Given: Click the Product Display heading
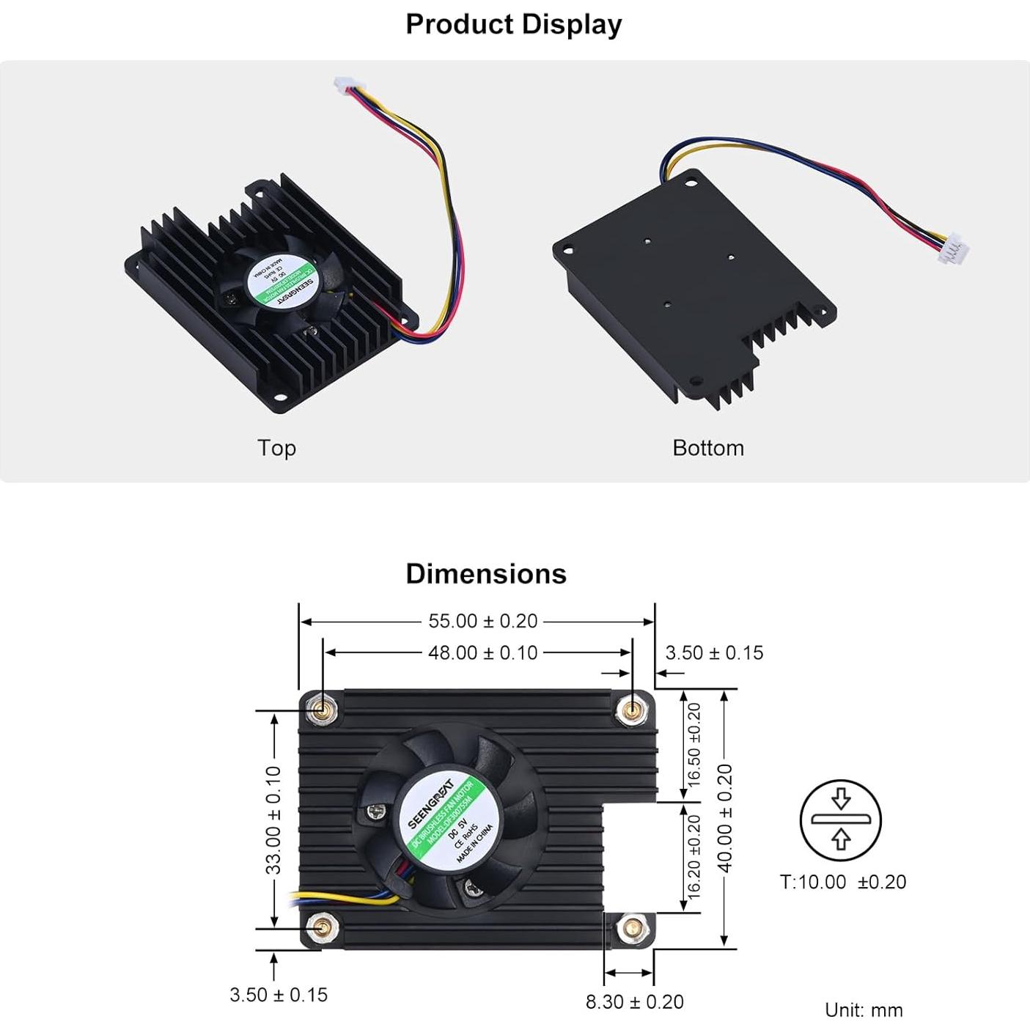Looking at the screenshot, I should pyautogui.click(x=513, y=24).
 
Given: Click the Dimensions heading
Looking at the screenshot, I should pyautogui.click(x=486, y=573).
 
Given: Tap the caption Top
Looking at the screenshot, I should pyautogui.click(x=276, y=448).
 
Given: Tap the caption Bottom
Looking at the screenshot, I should pyautogui.click(x=708, y=448).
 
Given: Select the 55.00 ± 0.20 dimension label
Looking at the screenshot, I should pyautogui.click(x=483, y=621).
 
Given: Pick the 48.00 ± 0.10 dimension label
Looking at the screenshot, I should pyautogui.click(x=483, y=652).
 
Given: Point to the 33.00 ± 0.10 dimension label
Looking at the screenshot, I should pyautogui.click(x=273, y=820).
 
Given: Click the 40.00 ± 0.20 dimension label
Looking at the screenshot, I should pyautogui.click(x=725, y=818).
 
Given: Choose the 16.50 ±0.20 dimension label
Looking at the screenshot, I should pyautogui.click(x=694, y=745).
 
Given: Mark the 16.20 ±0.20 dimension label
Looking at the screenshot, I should pyautogui.click(x=694, y=858).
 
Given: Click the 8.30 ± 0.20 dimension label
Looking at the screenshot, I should pyautogui.click(x=634, y=1001).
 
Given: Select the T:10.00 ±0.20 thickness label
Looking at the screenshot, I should pyautogui.click(x=842, y=882).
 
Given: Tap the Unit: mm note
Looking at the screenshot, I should pyautogui.click(x=864, y=1010).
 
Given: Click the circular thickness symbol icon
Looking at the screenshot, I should pyautogui.click(x=840, y=820).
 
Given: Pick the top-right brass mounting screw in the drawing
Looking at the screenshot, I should pyautogui.click(x=631, y=710).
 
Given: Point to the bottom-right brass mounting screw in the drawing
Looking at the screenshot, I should pyautogui.click(x=630, y=930).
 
